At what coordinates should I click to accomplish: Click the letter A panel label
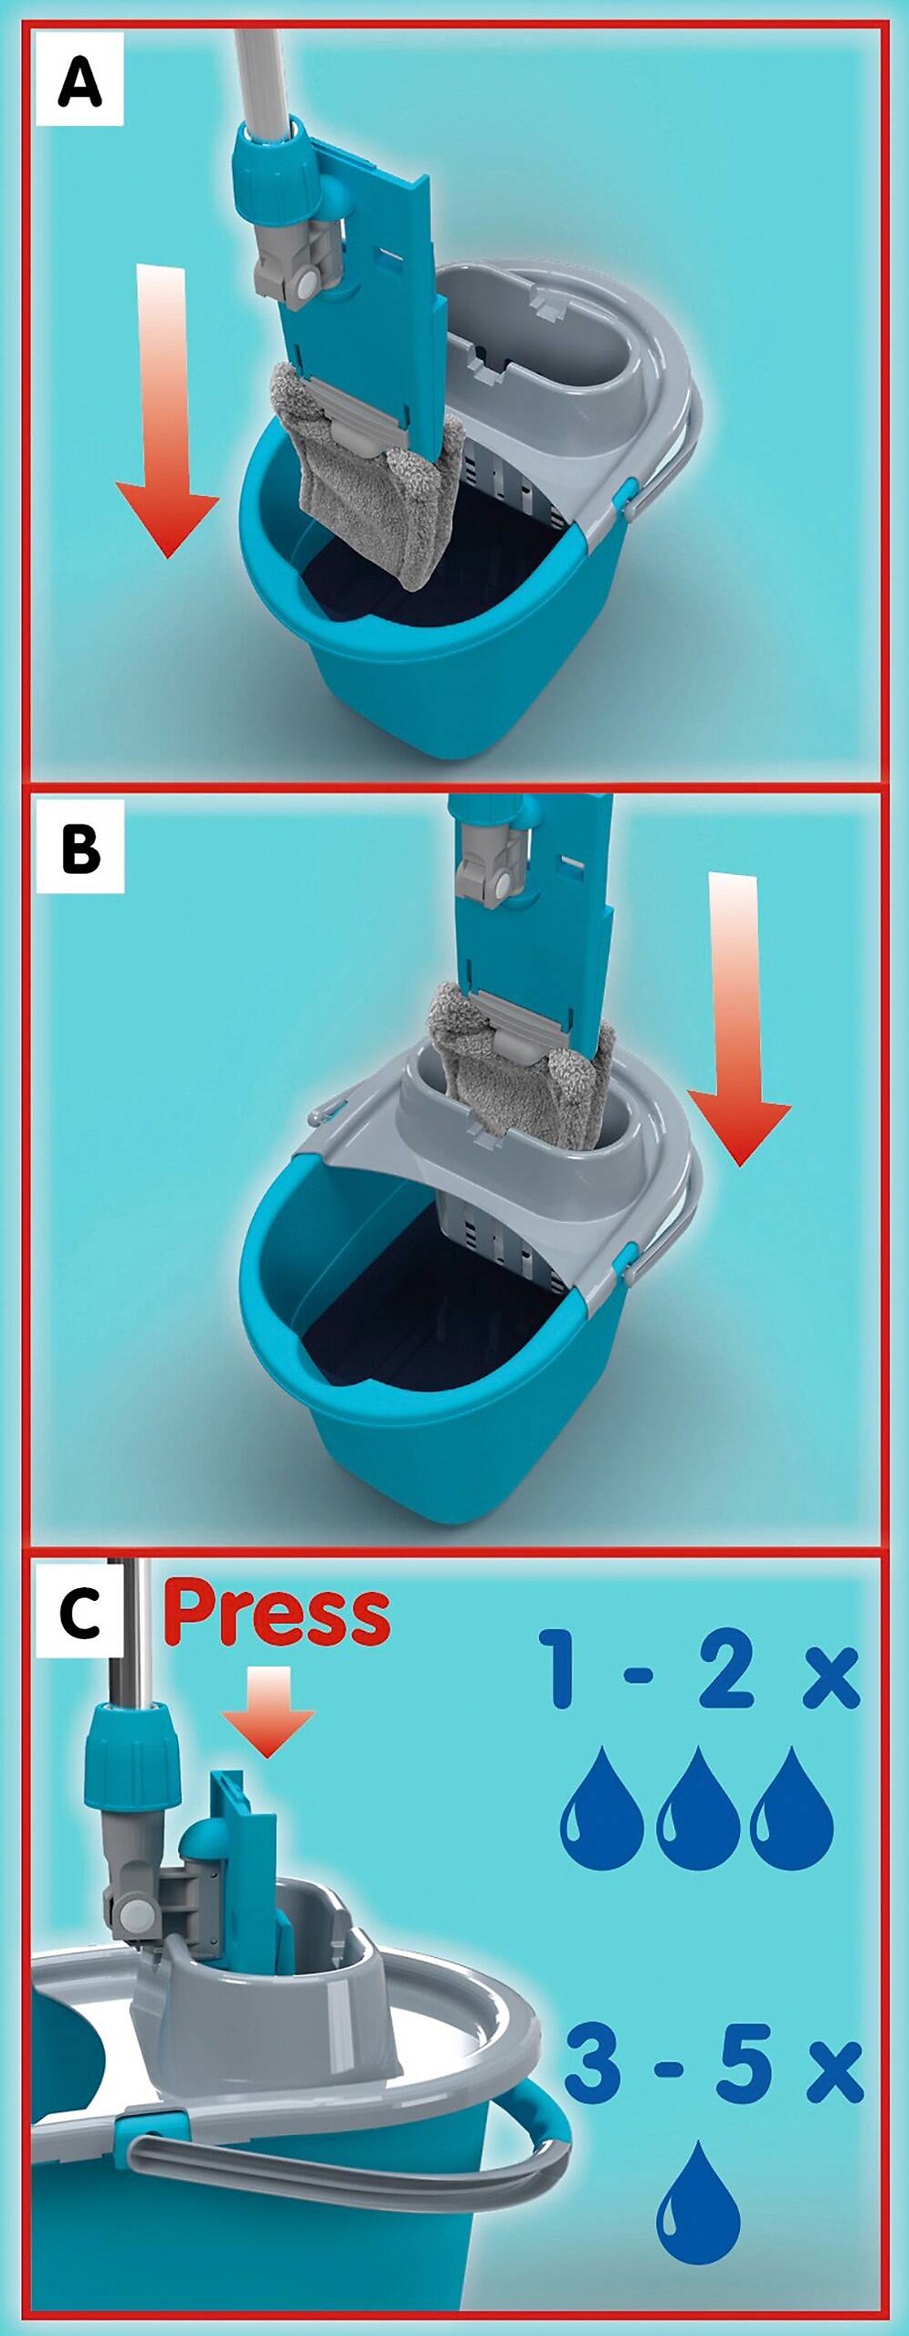coord(79,80)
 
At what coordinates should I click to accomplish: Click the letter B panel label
coord(79,847)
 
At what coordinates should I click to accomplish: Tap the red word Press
coord(278,1615)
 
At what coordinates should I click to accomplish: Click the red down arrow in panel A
coord(167,411)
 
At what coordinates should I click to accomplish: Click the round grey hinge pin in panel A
coord(305,285)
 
